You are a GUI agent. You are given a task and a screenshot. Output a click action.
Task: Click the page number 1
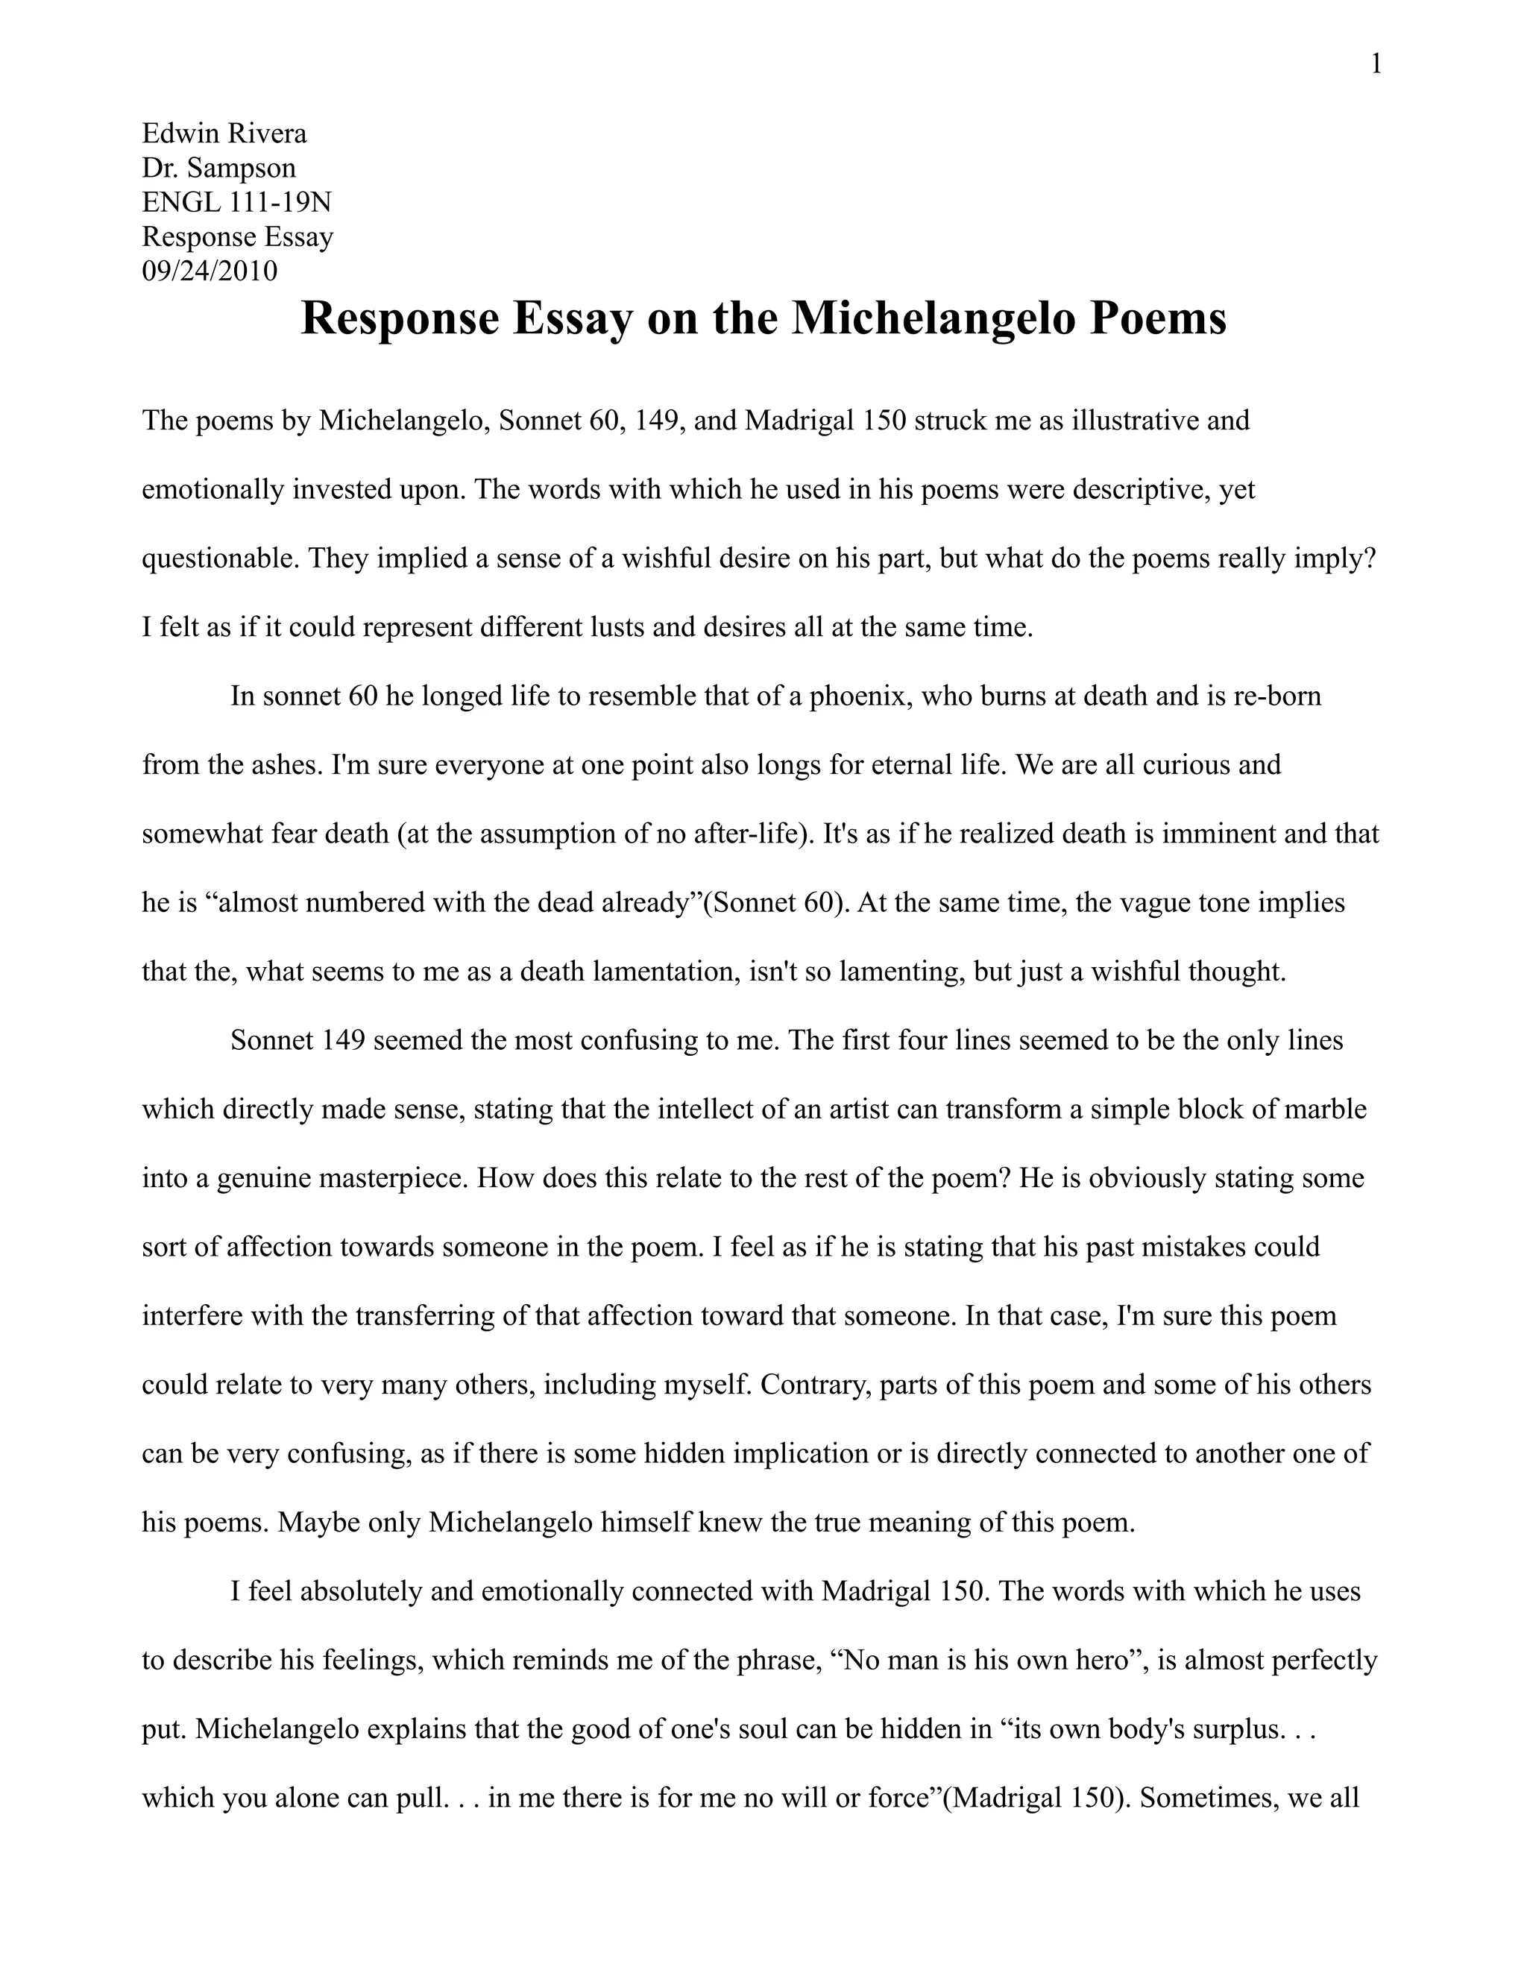coord(1376,65)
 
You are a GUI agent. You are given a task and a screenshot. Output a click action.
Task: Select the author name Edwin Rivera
coord(224,134)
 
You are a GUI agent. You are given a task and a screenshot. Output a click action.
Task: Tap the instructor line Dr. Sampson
coord(219,169)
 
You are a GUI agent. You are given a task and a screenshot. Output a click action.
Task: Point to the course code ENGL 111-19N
coord(237,202)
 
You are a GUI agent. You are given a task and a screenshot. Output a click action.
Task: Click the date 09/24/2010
coord(210,271)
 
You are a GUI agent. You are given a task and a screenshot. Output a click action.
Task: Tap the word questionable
coord(219,558)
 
